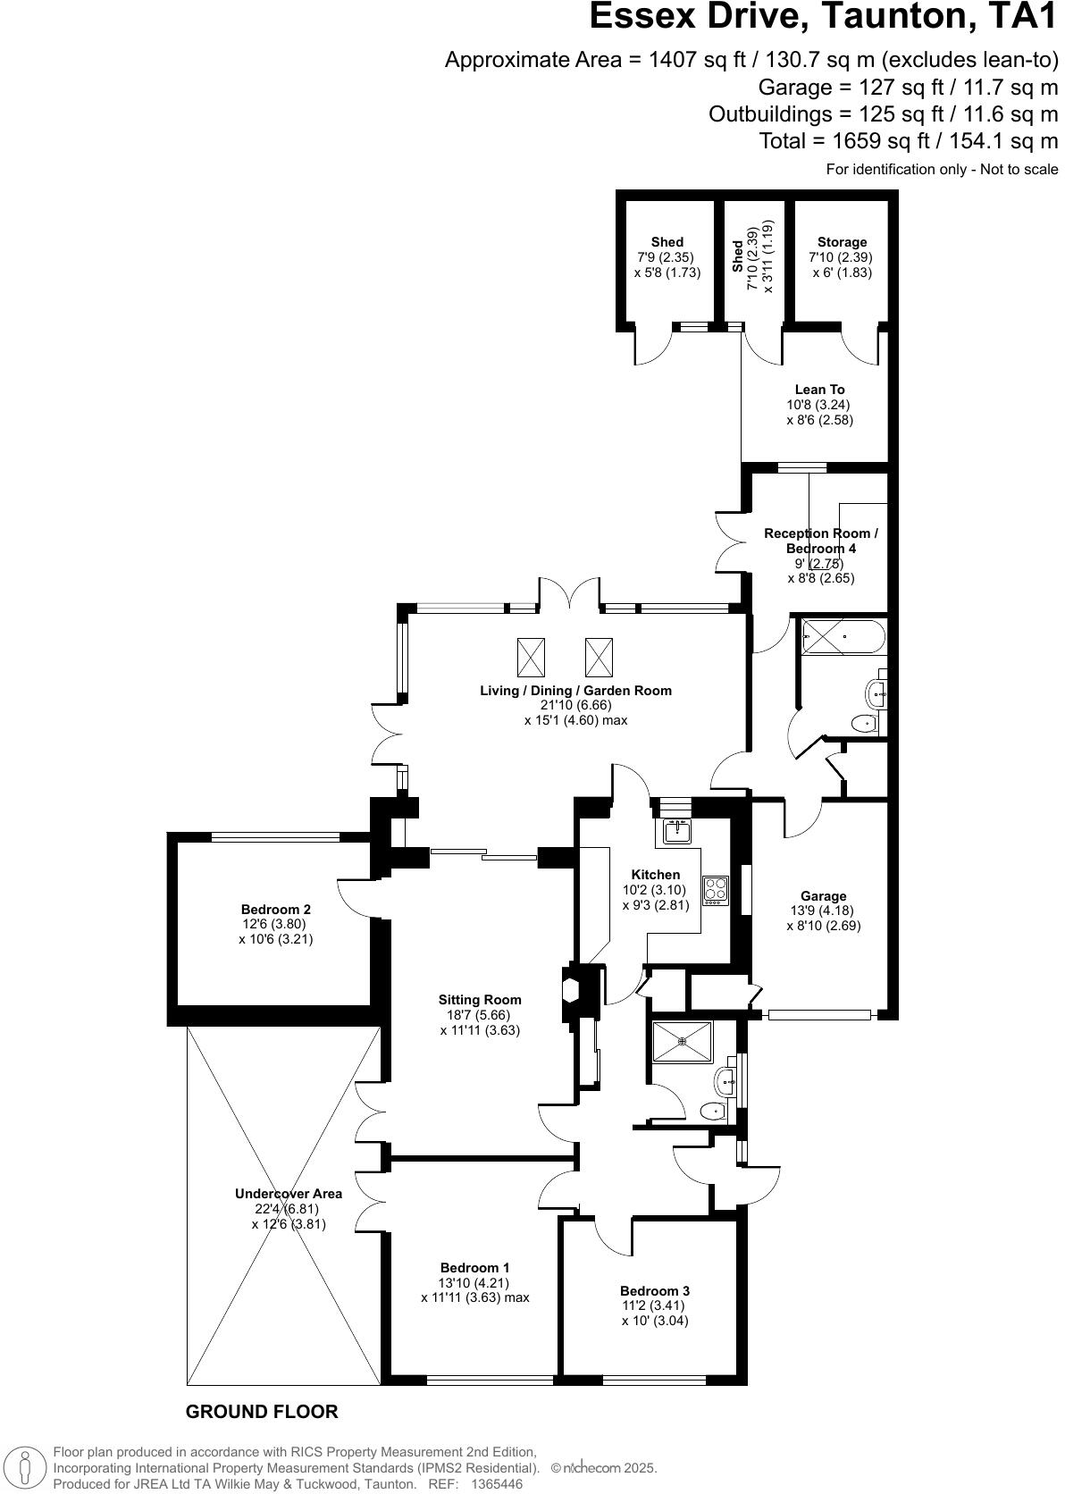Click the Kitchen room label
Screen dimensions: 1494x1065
[x=655, y=875]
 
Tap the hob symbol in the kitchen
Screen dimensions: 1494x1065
[x=716, y=890]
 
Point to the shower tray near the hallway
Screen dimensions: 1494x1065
[x=682, y=1042]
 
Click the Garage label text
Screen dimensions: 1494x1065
[x=823, y=896]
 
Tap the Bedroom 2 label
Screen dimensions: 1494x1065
[x=276, y=910]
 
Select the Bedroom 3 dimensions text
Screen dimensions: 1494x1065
[x=655, y=1313]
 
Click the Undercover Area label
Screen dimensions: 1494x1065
[x=288, y=1194]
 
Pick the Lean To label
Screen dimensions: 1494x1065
[x=819, y=390]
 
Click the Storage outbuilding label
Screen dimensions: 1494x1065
[x=842, y=242]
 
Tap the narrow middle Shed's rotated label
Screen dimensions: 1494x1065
[x=738, y=257]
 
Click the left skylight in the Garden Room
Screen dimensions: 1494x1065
[x=530, y=658]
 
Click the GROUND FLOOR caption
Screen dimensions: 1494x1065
[x=262, y=1412]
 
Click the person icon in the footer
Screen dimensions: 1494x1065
[x=27, y=1468]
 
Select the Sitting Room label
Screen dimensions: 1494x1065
[x=480, y=1000]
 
